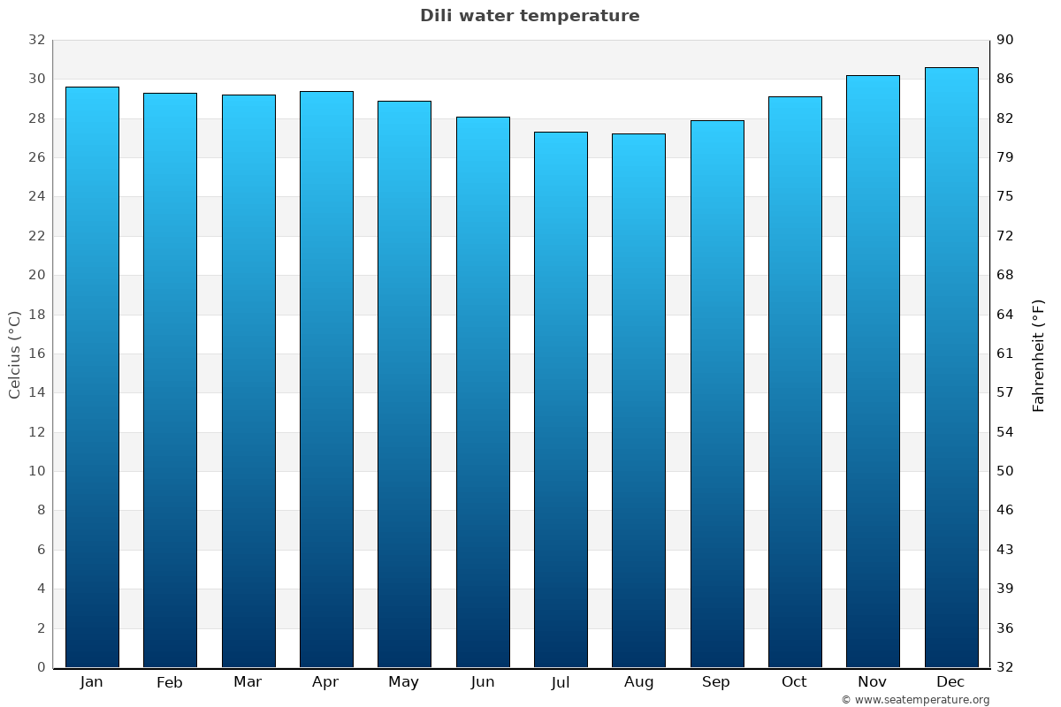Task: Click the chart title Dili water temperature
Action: click(x=530, y=16)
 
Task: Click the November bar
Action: click(x=873, y=371)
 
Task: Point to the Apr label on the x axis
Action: click(x=325, y=682)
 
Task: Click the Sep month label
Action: click(x=716, y=682)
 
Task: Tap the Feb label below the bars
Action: click(x=169, y=682)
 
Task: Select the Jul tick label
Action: click(x=561, y=682)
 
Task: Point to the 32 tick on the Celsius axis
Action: click(x=36, y=40)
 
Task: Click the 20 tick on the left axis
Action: click(x=36, y=275)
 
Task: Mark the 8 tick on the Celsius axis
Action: click(x=41, y=510)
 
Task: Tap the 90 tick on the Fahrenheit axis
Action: click(x=1005, y=40)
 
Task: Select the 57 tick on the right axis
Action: click(x=1005, y=392)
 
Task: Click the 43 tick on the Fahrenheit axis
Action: click(x=1005, y=550)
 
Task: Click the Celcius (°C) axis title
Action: click(x=14, y=353)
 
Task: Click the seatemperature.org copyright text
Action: click(x=915, y=700)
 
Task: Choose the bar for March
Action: click(x=248, y=381)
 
